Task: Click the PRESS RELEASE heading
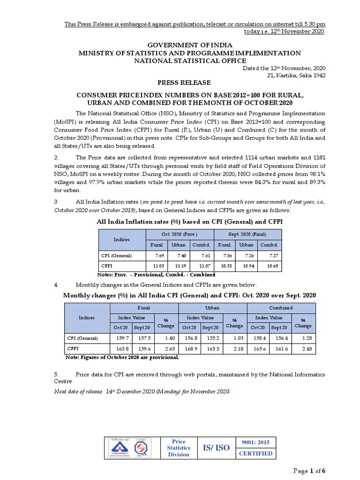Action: point(180,82)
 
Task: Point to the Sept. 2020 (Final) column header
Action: point(247,234)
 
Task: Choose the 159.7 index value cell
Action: point(121,338)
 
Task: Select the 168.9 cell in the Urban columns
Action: point(189,348)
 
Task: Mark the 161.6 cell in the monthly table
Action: point(279,348)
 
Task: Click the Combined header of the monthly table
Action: point(281,308)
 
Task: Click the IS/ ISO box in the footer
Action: point(216,448)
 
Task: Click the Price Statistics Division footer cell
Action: point(179,448)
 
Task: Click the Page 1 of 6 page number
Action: point(309,471)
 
